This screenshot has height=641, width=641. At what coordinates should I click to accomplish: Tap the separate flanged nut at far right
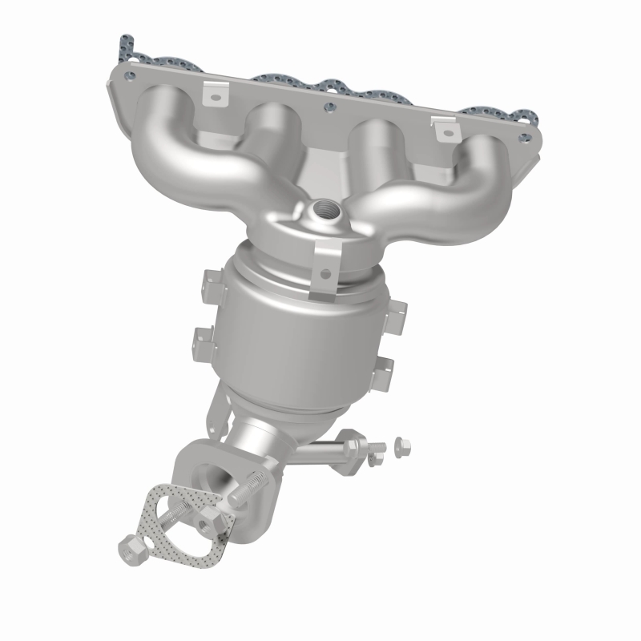[x=404, y=443]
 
